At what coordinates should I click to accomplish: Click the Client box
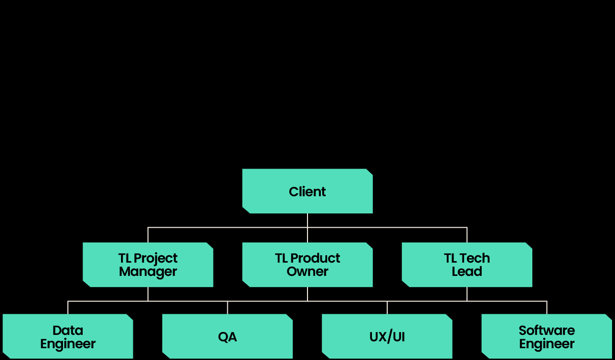click(307, 191)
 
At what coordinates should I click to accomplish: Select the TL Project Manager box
click(148, 265)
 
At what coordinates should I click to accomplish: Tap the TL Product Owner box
click(307, 265)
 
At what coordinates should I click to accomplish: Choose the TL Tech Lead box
click(466, 265)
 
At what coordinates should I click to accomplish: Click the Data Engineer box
click(68, 336)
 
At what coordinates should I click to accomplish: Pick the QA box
click(227, 336)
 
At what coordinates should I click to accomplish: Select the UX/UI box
click(387, 336)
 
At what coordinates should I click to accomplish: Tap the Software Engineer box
click(546, 336)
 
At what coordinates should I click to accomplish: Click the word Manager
click(148, 271)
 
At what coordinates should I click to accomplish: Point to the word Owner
click(307, 271)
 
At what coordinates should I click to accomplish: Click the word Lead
click(466, 271)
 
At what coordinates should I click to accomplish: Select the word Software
click(546, 330)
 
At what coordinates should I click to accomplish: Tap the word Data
click(68, 330)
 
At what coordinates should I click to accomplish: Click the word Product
click(315, 258)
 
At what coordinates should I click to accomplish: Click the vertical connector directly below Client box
click(307, 220)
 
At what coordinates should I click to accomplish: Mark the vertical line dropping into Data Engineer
click(68, 307)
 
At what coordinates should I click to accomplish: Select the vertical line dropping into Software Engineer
click(547, 307)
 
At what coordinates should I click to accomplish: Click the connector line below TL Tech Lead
click(467, 294)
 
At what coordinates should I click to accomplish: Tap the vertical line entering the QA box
click(227, 307)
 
